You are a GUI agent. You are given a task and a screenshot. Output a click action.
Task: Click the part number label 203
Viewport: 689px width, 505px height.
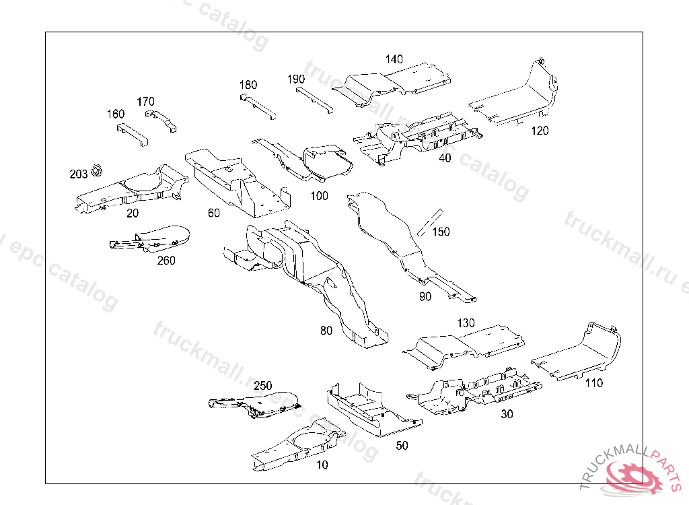[78, 174]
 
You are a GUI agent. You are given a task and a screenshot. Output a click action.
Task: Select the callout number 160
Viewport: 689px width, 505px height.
[116, 114]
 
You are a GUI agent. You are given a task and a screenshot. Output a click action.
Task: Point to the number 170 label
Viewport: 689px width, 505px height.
[145, 102]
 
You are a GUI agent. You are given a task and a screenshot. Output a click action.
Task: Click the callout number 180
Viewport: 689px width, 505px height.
[248, 85]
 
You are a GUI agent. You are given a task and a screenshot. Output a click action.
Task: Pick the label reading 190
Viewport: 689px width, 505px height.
[296, 79]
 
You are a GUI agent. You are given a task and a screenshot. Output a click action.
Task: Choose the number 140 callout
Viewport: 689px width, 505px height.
[394, 59]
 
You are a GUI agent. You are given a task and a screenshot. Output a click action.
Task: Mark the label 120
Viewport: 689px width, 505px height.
[540, 131]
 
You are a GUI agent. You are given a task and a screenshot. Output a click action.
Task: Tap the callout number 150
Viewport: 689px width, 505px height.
[441, 232]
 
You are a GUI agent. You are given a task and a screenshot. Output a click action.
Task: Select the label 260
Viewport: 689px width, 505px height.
[166, 260]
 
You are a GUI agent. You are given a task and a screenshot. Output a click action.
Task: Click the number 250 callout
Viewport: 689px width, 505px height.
[263, 386]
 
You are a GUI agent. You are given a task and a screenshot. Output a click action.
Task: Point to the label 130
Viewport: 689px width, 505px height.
[466, 323]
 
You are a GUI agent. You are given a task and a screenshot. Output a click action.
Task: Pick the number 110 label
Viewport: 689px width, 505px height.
[594, 383]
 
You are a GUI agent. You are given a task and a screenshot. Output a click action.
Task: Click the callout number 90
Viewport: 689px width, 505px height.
[425, 296]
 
